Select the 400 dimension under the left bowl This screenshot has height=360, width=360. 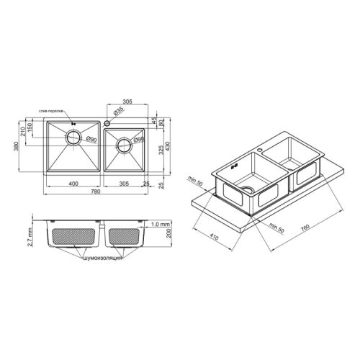73,184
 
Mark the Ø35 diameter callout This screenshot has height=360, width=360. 118,111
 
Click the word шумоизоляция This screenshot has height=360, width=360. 104,256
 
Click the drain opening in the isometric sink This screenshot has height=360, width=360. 248,189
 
